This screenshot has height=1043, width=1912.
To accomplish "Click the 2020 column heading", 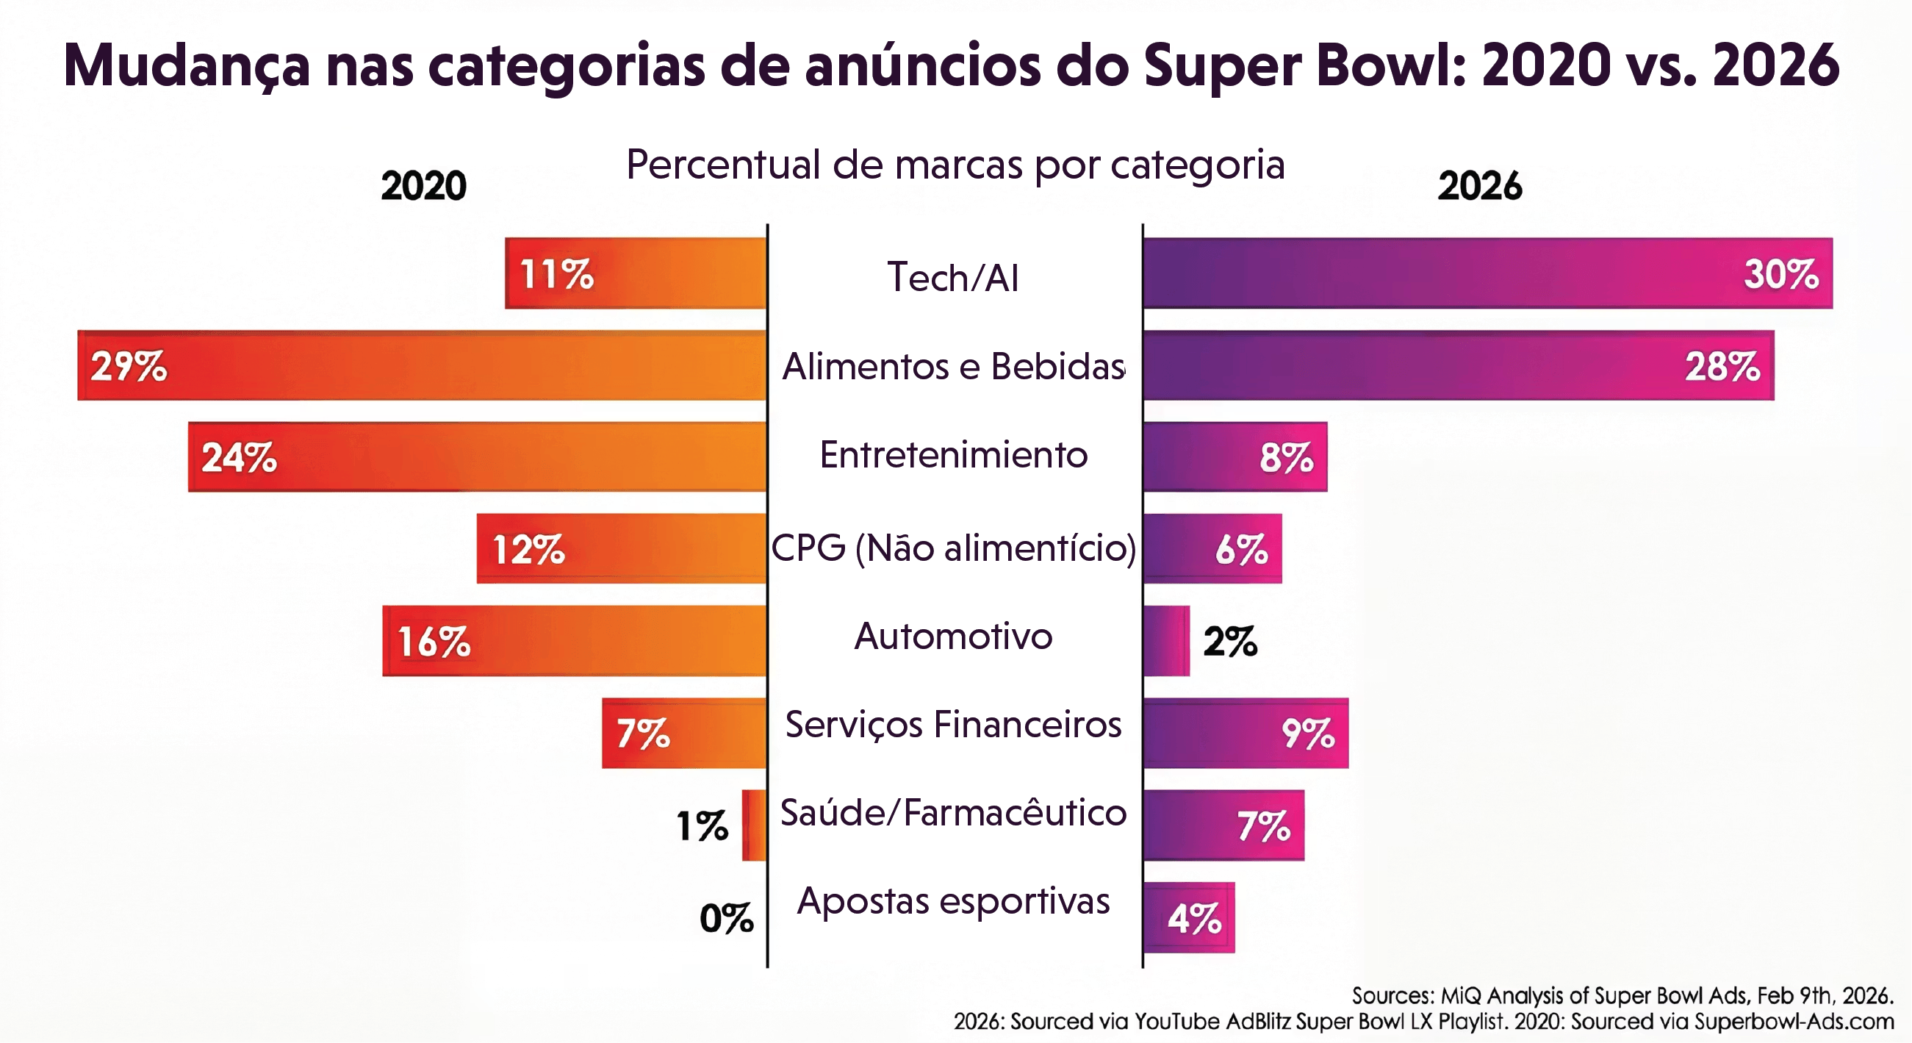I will [424, 185].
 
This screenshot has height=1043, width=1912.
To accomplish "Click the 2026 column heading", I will [1479, 185].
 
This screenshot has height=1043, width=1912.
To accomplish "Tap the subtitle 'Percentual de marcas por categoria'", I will [955, 164].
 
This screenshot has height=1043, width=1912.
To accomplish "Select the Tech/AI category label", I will [953, 277].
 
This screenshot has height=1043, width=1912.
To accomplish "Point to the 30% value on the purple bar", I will [1780, 274].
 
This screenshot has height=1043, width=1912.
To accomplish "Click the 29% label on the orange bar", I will [129, 366].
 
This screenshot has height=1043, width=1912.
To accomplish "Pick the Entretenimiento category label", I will [953, 454].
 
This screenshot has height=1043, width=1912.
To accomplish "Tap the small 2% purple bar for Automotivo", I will [1166, 641].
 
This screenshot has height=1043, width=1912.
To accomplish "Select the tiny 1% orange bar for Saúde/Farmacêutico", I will [754, 825].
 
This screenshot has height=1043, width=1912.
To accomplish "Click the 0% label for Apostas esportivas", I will [726, 918].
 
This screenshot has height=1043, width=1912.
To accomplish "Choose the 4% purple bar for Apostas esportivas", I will [1188, 917].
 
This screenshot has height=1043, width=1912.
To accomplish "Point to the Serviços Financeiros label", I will [953, 725].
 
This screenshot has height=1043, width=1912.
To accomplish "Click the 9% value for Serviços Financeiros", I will [1308, 734].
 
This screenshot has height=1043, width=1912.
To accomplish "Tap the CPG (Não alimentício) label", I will [953, 548].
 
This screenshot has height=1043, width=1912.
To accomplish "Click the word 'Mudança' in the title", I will [187, 65].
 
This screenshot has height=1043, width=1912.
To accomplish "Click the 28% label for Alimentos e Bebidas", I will [1722, 366].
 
